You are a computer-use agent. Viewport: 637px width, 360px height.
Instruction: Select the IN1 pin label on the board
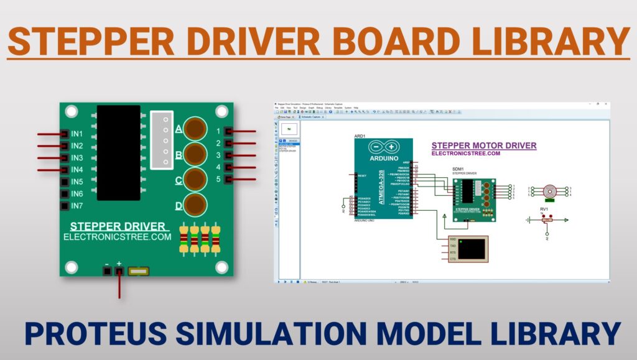(77, 134)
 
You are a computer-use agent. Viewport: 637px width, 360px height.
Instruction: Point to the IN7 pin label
(77, 205)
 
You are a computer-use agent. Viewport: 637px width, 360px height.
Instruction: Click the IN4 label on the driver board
(77, 169)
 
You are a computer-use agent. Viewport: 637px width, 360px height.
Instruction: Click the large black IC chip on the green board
(118, 152)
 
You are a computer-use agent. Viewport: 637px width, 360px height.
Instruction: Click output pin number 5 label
(218, 180)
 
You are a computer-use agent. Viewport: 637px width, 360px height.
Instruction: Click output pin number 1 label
(218, 131)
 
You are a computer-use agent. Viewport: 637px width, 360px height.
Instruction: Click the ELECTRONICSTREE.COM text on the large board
(117, 237)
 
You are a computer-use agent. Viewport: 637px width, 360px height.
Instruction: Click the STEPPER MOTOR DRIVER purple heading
(483, 145)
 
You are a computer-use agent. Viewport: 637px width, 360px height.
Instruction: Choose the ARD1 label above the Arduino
(360, 135)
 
